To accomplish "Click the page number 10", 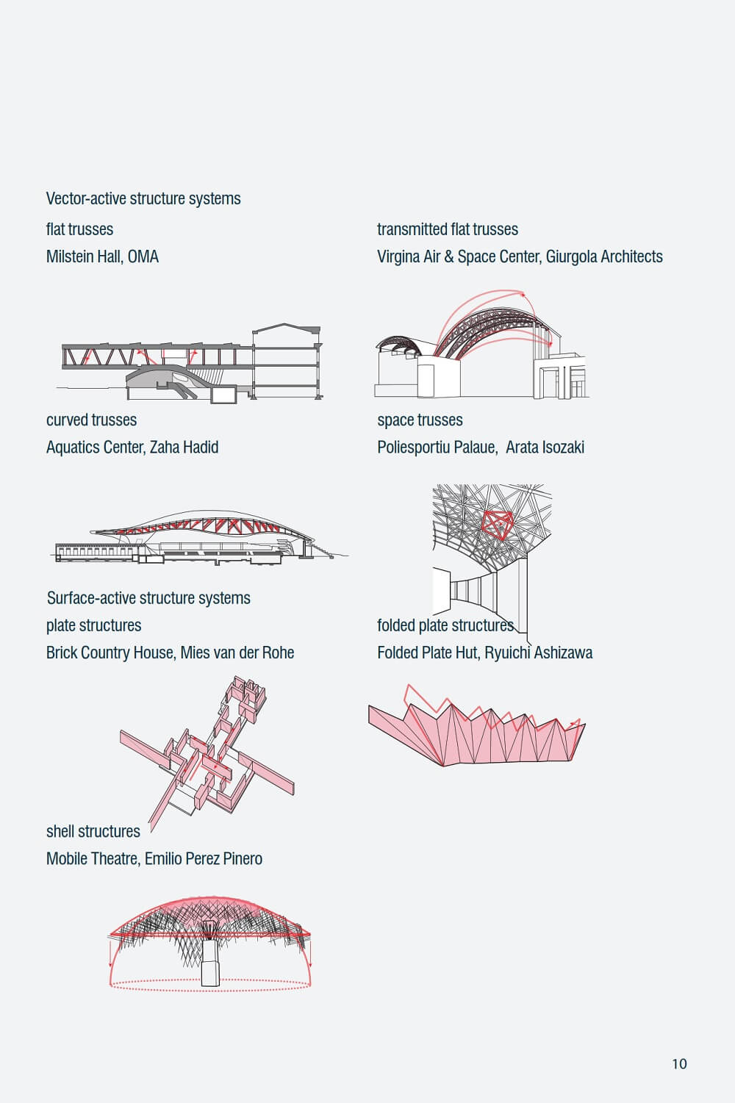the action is (679, 1063).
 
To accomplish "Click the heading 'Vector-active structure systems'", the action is (143, 198).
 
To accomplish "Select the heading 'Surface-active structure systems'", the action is (148, 597).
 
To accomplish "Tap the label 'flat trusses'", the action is (79, 229).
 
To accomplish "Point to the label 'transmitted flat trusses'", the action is (448, 229).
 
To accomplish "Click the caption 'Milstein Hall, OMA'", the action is (102, 256).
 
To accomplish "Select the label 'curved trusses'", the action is (91, 420).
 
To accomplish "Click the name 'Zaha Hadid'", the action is (184, 447).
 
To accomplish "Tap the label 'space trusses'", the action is (420, 420).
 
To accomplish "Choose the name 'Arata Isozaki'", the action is (545, 447).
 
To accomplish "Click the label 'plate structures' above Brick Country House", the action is (93, 625).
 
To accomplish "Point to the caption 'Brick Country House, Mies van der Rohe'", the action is (170, 653).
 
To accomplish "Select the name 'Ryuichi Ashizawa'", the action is (539, 653).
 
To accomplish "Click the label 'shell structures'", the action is (93, 831).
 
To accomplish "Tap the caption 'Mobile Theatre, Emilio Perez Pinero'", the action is (154, 858).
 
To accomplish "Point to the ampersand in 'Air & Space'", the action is (448, 256).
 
